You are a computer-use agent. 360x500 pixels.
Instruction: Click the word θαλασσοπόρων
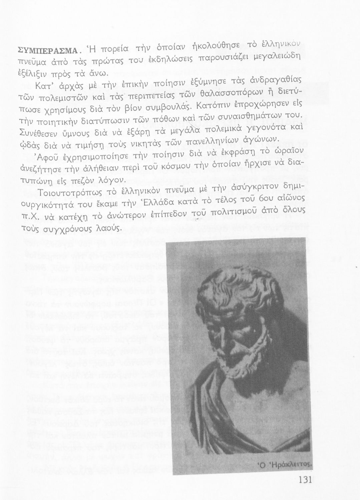click(225, 92)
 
